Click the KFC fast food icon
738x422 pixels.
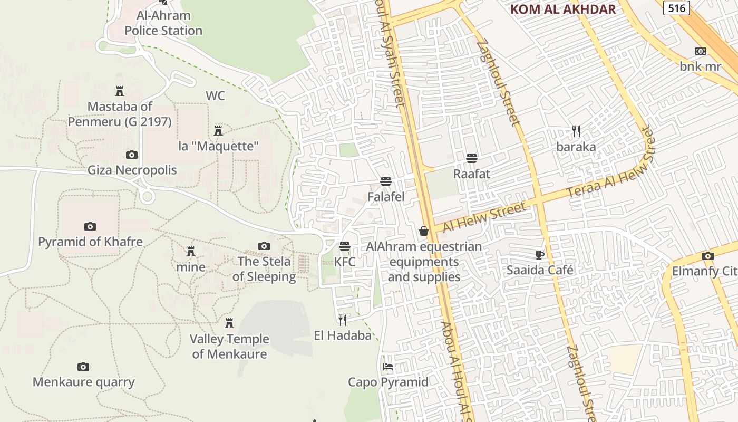click(345, 246)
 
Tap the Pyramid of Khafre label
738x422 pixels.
click(90, 242)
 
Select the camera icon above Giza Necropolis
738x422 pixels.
click(132, 155)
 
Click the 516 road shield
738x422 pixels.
click(676, 7)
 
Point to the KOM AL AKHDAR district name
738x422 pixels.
click(563, 9)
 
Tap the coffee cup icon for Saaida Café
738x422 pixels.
click(540, 255)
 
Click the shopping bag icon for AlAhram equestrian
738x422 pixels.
click(424, 231)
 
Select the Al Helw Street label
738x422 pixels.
click(484, 217)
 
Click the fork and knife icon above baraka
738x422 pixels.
click(576, 131)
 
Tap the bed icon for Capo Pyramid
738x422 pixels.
click(388, 366)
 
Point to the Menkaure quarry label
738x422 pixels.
click(84, 382)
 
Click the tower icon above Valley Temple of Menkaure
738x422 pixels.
click(229, 323)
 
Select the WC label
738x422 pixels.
click(215, 95)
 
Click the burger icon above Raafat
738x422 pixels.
click(472, 158)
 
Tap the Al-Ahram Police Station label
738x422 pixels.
click(163, 23)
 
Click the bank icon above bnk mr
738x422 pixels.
click(701, 51)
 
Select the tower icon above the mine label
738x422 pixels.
click(191, 251)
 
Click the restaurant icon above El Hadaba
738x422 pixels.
click(343, 319)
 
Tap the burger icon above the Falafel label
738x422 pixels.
click(386, 182)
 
